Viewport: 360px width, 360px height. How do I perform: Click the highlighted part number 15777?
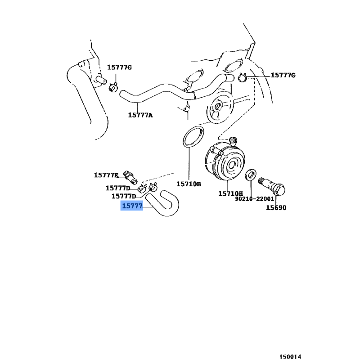point(132,206)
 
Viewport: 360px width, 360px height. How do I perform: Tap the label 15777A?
point(140,115)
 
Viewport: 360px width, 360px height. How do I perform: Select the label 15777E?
point(106,175)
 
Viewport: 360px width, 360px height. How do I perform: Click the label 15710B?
point(189,184)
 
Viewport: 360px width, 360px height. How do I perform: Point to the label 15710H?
point(230,193)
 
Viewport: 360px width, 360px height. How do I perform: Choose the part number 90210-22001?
point(254,199)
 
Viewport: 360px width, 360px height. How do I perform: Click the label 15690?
point(276,208)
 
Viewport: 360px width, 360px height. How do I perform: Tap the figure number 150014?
point(290,356)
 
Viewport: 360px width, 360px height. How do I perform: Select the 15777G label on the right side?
point(283,75)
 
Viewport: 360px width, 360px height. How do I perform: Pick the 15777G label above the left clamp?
point(120,67)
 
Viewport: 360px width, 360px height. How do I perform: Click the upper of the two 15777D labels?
point(118,188)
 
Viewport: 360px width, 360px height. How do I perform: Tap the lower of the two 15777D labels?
point(124,196)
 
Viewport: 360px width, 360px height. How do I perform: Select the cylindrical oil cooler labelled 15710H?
point(225,161)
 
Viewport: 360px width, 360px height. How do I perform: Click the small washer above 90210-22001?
point(251,175)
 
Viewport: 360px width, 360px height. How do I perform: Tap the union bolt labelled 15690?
point(272,187)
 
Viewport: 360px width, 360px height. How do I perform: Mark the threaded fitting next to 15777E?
point(130,177)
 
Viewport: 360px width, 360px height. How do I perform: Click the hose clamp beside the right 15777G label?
point(242,77)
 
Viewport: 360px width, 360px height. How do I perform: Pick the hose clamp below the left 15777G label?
point(113,87)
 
